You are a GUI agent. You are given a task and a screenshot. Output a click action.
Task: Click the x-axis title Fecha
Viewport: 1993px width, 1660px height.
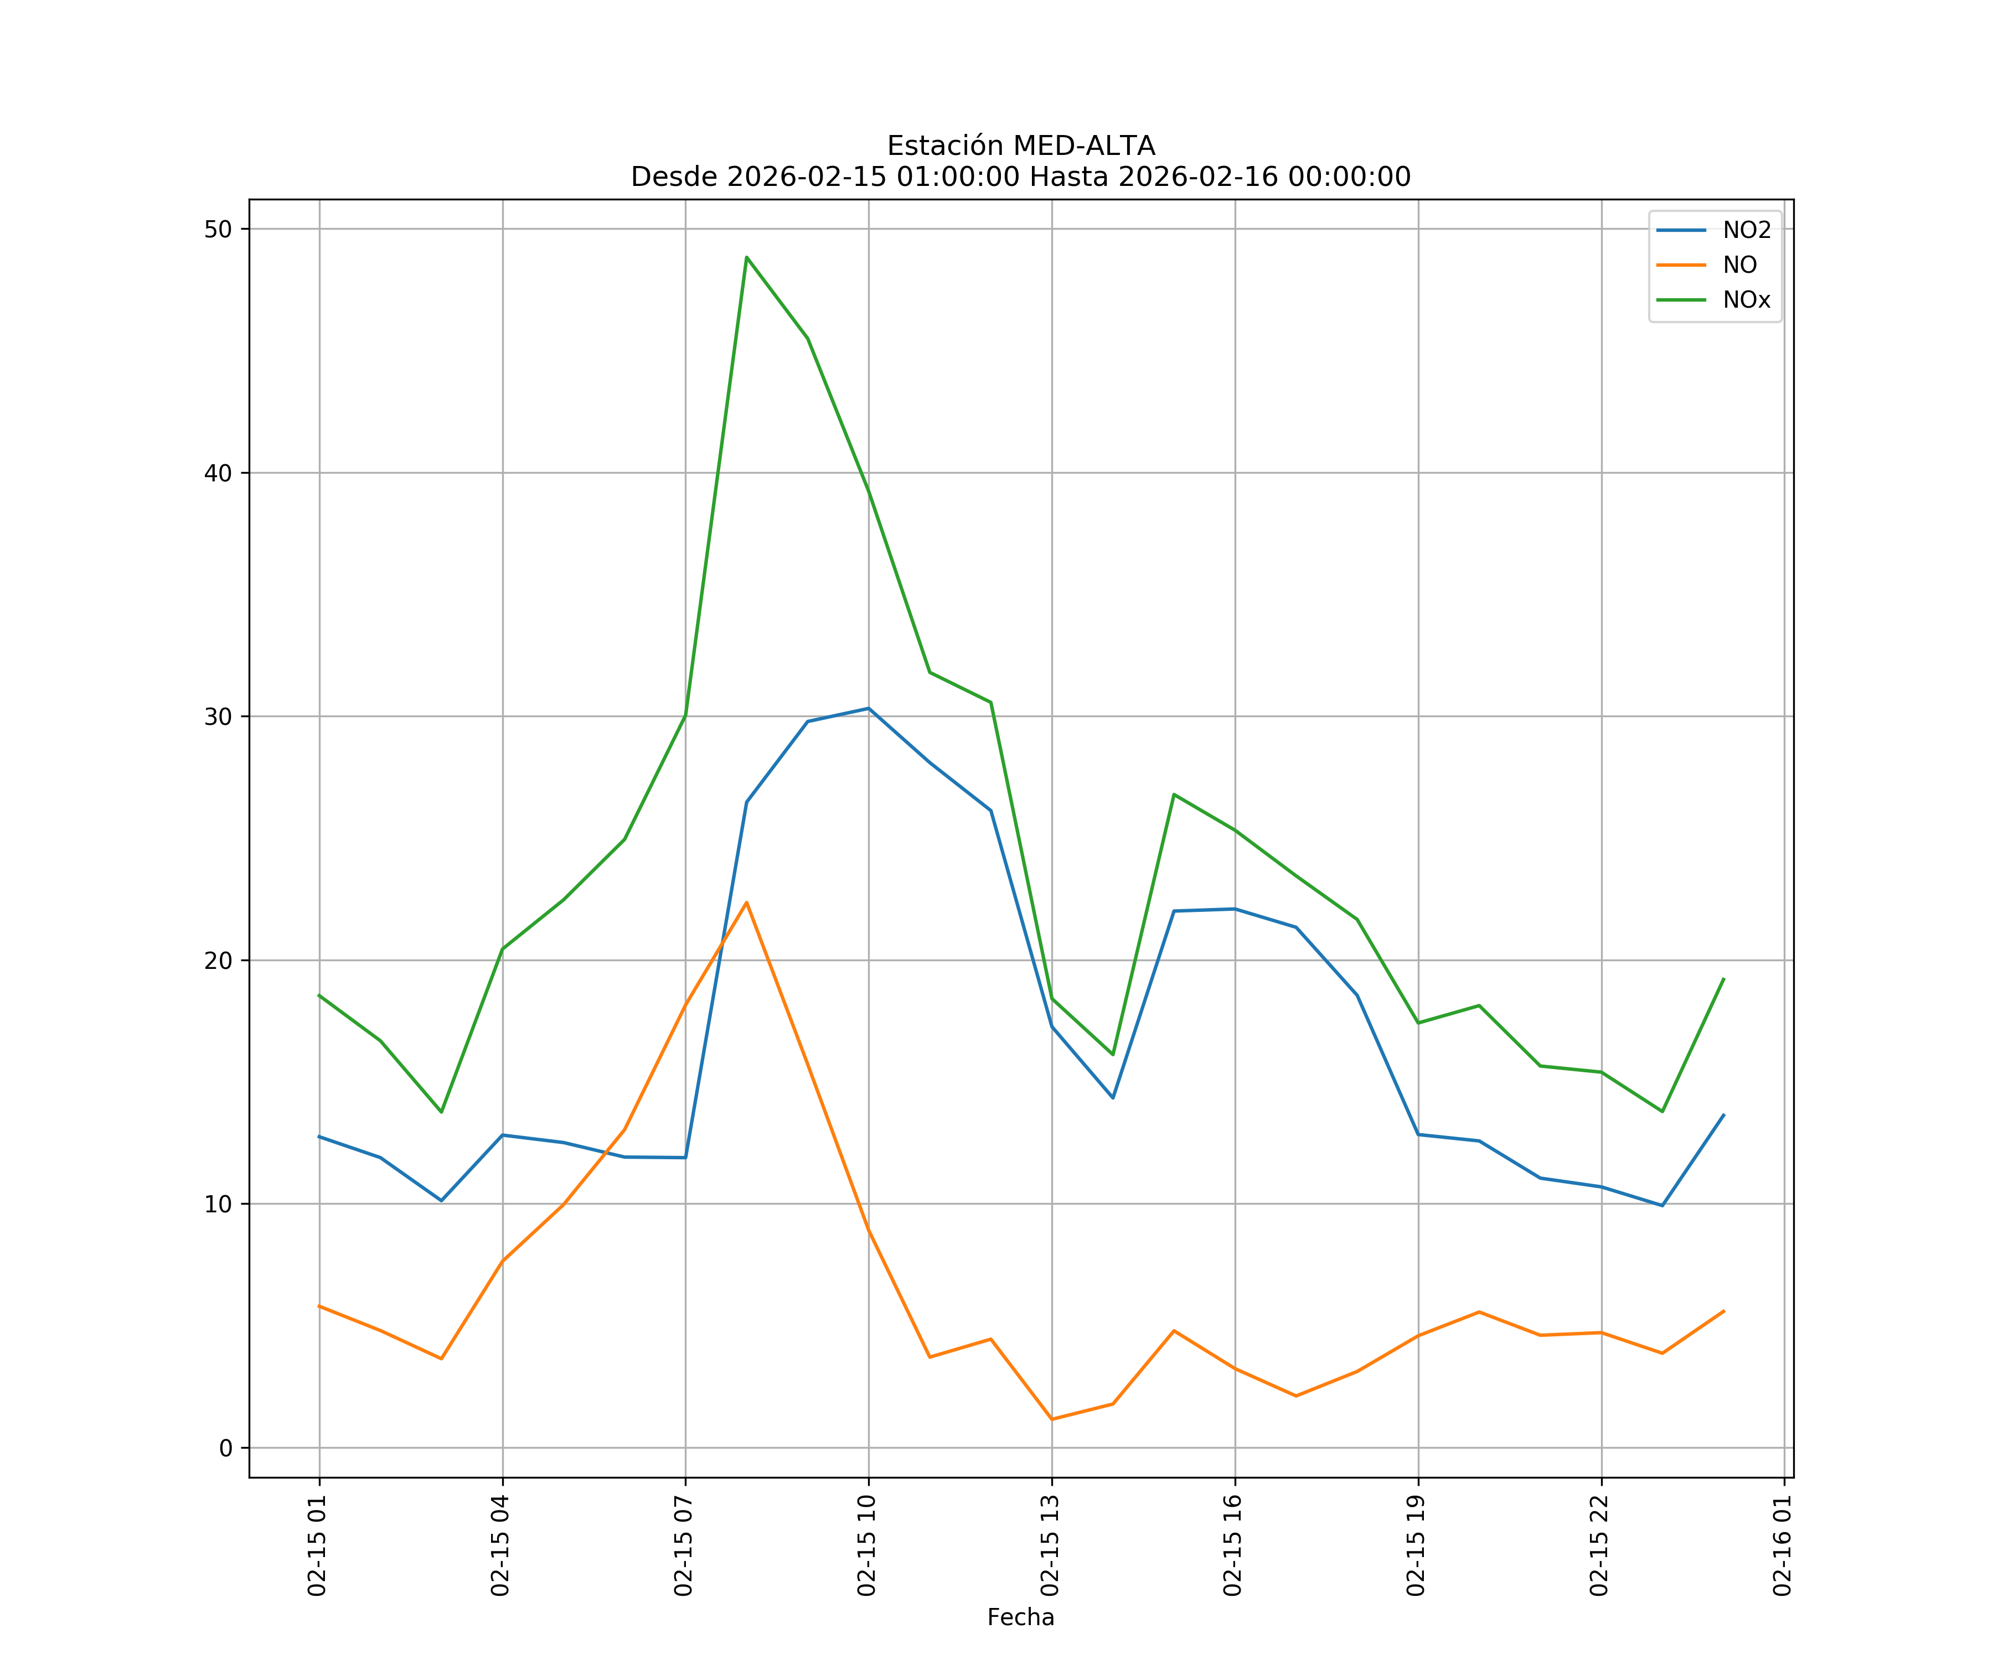pyautogui.click(x=1020, y=1617)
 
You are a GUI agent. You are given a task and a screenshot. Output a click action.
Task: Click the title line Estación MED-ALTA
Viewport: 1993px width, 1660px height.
pyautogui.click(x=1020, y=146)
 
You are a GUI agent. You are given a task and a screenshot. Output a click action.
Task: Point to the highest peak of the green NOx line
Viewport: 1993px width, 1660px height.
pyautogui.click(x=747, y=257)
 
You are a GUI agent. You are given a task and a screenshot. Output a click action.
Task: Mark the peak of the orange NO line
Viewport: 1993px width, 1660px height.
pyautogui.click(x=747, y=902)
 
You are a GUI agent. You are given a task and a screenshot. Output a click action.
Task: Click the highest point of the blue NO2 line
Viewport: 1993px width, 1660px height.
pyautogui.click(x=869, y=708)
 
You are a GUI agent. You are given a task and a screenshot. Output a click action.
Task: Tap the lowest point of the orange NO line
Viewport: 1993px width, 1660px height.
pyautogui.click(x=1051, y=1419)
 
